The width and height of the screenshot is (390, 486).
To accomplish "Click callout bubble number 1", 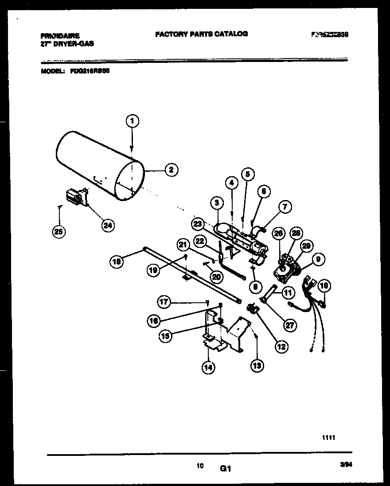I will (x=132, y=120).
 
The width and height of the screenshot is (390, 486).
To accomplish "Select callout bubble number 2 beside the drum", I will (x=171, y=169).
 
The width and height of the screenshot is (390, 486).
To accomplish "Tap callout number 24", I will (x=107, y=225).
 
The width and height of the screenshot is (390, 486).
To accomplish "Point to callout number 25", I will (x=58, y=231).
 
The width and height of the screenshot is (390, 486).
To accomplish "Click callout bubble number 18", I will (x=116, y=262).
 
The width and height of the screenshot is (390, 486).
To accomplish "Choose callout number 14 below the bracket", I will (x=207, y=366).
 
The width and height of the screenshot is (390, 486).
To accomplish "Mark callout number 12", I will (x=281, y=346).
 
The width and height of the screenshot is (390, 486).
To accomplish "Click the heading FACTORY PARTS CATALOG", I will (x=201, y=34).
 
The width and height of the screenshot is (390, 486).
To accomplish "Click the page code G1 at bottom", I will (x=226, y=468).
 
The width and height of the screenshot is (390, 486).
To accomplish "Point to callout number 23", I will (x=197, y=224).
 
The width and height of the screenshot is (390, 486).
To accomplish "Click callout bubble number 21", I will (x=183, y=244).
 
